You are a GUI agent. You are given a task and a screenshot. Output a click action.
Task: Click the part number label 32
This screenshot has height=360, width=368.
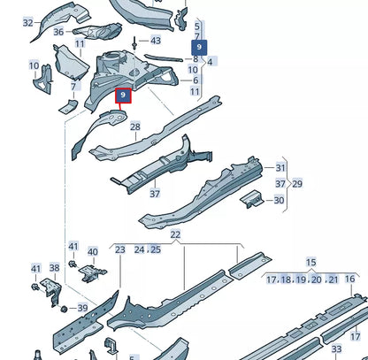pos(28,23)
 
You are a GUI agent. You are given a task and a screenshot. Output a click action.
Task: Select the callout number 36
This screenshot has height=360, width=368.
pos(58,32)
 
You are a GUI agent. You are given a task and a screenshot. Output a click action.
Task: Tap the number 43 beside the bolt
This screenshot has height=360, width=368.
pos(156,41)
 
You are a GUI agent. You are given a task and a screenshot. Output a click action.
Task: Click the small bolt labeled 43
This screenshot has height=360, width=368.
pos(134,42)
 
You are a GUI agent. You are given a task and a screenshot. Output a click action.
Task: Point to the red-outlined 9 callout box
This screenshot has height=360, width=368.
pos(123,96)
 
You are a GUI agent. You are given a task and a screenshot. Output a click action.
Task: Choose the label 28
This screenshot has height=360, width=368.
pos(135,127)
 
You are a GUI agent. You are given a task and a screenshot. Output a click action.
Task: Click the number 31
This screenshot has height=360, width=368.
pos(280,168)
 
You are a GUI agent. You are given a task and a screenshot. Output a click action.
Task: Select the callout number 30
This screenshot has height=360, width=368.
pos(279,200)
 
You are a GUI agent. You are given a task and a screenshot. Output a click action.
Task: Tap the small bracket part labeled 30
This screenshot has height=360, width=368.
pos(251,199)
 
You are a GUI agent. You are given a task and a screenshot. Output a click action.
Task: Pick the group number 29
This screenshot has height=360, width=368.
pos(297,184)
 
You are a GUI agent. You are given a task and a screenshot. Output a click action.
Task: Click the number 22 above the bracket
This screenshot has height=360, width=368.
pos(175,234)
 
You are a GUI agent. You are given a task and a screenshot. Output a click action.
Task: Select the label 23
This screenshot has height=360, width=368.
pos(120,249)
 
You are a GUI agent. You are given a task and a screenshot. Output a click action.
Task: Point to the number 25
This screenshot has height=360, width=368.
pos(156,249)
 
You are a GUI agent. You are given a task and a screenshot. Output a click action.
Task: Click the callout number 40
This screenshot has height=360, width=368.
pos(93,252)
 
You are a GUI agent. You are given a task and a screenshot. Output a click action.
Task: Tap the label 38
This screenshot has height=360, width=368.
pos(54,268)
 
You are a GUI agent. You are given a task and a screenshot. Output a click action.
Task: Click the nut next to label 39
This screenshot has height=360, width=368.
pos(64,309)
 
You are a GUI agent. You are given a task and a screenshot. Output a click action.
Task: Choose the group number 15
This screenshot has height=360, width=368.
pos(310,262)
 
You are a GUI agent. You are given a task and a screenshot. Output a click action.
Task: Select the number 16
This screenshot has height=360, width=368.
pos(349,279)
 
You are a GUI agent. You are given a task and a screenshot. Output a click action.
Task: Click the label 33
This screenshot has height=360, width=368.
pos(336,349)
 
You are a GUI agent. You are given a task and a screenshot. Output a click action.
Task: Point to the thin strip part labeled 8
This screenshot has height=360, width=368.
pos(163,58)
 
